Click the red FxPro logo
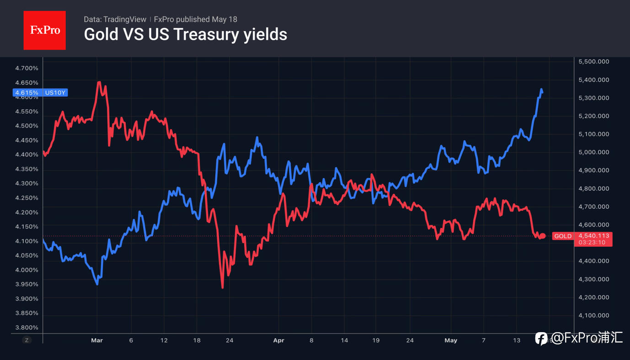pos(44,30)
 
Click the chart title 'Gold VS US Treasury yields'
pos(185,35)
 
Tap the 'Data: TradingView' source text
pos(115,19)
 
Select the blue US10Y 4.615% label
pos(40,92)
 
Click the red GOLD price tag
pos(582,239)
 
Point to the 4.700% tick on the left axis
pos(27,68)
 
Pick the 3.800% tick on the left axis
pos(27,328)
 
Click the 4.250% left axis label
pos(27,198)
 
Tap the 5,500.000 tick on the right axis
pos(594,62)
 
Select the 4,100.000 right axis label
pos(594,315)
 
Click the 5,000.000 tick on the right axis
pos(594,152)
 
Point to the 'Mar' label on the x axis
pos(97,340)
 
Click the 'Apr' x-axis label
pos(279,340)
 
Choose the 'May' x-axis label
pos(451,340)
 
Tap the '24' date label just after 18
pos(230,340)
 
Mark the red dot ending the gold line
pos(543,236)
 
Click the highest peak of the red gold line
pos(99,82)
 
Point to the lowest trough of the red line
pos(223,287)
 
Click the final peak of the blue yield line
pos(541,90)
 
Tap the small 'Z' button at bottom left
pos(27,340)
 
